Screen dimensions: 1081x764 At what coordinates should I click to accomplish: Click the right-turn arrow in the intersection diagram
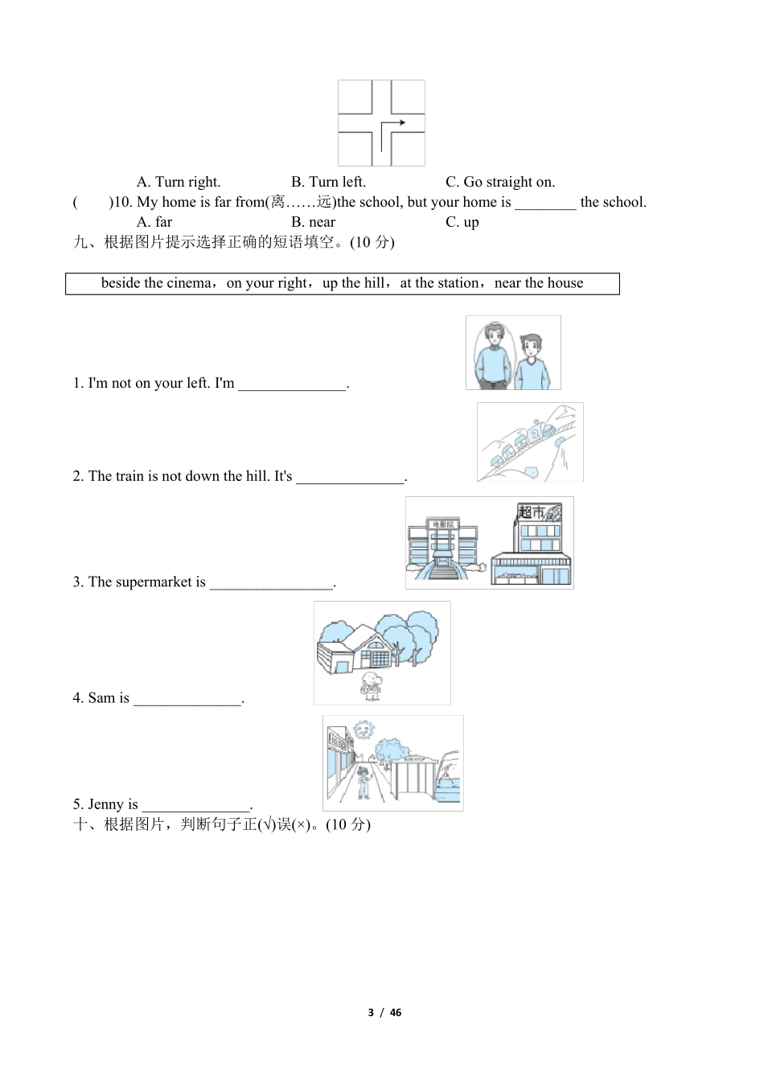tap(392, 125)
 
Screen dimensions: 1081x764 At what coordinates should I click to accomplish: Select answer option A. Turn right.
tap(178, 182)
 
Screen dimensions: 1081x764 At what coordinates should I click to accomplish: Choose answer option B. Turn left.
tap(328, 182)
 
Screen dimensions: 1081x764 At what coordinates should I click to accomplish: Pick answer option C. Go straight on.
tap(499, 182)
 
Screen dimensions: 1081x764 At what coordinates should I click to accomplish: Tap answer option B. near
tap(313, 222)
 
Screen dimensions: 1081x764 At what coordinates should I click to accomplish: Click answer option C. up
tap(462, 222)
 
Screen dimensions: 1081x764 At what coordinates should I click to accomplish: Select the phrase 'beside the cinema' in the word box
tap(157, 283)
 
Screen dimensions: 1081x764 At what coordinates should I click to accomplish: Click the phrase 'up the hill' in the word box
tap(353, 283)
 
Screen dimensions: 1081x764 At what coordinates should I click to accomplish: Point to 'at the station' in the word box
tap(439, 283)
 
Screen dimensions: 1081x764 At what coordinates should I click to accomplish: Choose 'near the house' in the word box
tap(538, 283)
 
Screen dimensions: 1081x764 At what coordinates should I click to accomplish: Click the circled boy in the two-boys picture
tap(492, 353)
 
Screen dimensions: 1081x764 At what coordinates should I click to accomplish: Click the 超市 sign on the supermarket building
tap(531, 512)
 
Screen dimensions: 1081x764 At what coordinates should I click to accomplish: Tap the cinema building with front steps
tap(442, 547)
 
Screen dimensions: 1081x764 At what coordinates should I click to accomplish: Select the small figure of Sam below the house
tap(371, 686)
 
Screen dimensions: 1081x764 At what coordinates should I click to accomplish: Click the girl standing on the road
tap(364, 781)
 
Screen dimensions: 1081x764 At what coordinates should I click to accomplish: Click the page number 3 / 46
tap(384, 1013)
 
